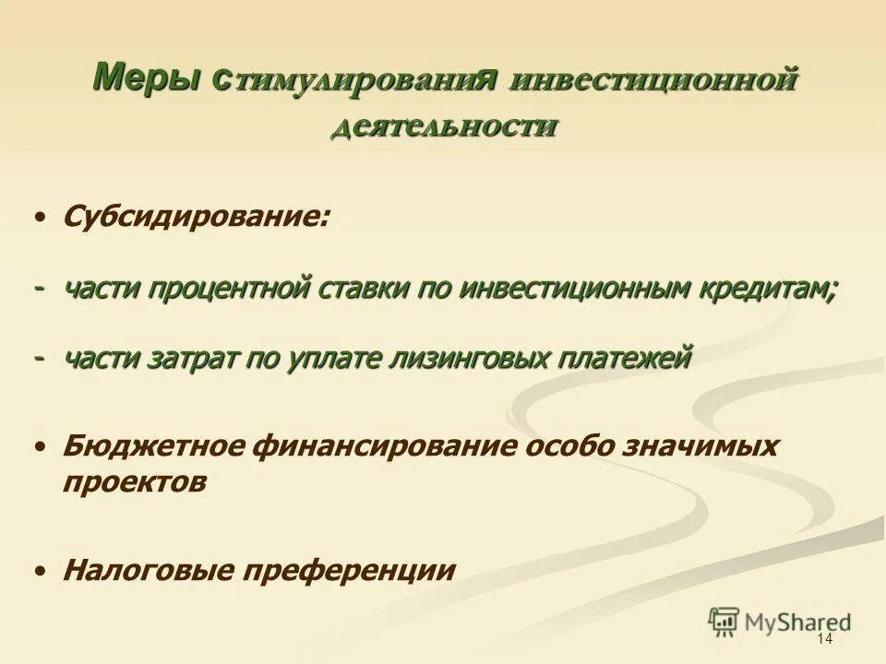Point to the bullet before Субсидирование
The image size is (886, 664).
pos(40,219)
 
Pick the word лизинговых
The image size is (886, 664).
pos(456,358)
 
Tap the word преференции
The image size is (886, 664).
pos(349,571)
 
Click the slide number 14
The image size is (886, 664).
pos(825,639)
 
